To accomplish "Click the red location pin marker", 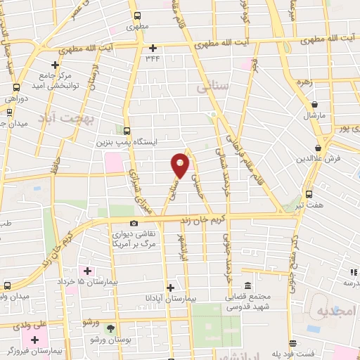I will tap(181, 165).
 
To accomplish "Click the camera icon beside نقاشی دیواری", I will tap(134, 224).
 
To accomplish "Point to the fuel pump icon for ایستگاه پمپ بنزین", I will tap(127, 130).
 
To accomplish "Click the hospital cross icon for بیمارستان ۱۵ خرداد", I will tap(88, 271).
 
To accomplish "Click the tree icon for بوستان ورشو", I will tap(110, 328).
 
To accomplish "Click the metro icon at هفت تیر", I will tap(309, 194).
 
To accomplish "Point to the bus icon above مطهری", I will tap(137, 15).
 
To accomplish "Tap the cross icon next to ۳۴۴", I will tap(153, 48).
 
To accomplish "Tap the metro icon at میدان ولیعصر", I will tap(8, 286).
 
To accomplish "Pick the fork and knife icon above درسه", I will tap(354, 272).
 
